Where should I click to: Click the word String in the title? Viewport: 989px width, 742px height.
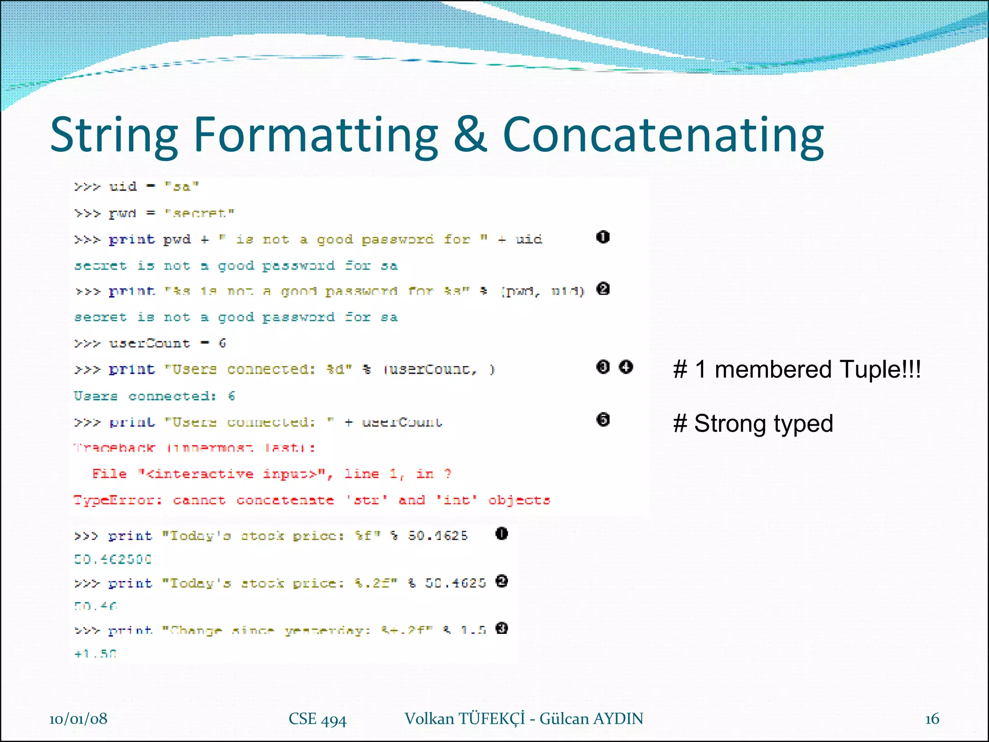click(x=114, y=136)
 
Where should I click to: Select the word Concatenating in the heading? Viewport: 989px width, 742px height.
click(x=663, y=136)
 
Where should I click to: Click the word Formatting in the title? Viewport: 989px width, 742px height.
click(x=316, y=136)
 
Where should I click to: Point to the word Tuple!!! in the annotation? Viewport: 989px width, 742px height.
click(x=880, y=370)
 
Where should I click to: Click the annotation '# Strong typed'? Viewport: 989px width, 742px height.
click(x=753, y=424)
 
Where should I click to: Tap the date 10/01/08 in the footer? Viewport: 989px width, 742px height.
click(x=78, y=719)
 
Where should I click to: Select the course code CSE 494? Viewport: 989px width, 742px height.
click(x=317, y=719)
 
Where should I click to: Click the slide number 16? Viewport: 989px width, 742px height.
click(x=932, y=719)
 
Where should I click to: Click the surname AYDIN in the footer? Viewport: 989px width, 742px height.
click(x=618, y=719)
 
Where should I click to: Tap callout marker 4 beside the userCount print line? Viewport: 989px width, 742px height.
click(x=626, y=367)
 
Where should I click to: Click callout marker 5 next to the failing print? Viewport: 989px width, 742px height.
click(x=603, y=419)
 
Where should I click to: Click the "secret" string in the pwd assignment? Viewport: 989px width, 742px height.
click(x=199, y=213)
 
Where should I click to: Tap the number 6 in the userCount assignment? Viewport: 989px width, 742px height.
click(x=222, y=343)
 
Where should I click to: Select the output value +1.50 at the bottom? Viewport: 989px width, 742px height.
click(x=96, y=654)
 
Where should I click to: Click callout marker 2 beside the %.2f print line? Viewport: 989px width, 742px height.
click(x=502, y=582)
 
